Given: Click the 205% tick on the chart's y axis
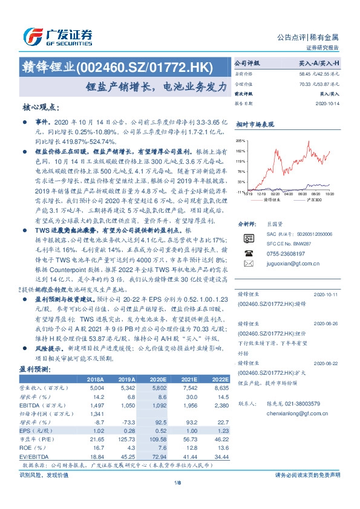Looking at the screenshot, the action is pyautogui.click(x=241, y=140).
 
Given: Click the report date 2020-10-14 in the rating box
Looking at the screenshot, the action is pyautogui.click(x=328, y=104).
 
